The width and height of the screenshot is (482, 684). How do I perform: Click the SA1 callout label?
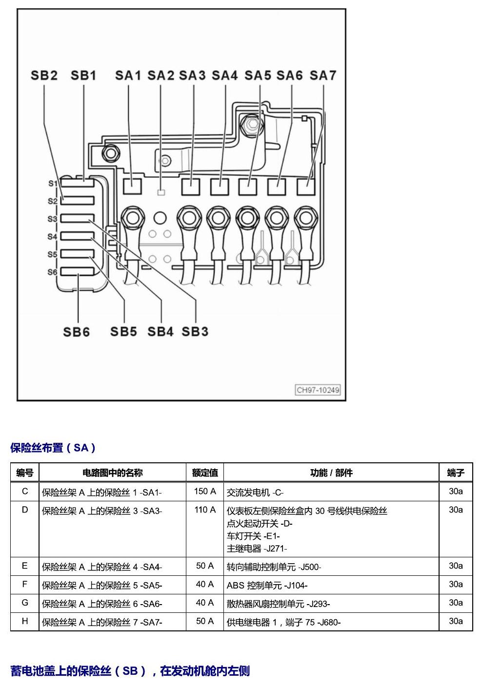tap(128, 76)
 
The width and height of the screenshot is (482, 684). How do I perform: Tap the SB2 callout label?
tap(44, 76)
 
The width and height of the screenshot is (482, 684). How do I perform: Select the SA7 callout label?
tap(323, 76)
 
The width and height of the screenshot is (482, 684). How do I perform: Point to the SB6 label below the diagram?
tap(77, 332)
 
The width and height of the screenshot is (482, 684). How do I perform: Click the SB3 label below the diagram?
tap(195, 332)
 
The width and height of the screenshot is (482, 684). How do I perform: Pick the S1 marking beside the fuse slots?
tap(53, 184)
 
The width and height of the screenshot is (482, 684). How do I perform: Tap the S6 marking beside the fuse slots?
tap(52, 272)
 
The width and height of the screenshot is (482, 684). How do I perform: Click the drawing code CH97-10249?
tap(318, 390)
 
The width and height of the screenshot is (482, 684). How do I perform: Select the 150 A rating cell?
tap(205, 491)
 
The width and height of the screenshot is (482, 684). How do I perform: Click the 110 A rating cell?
tap(205, 510)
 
